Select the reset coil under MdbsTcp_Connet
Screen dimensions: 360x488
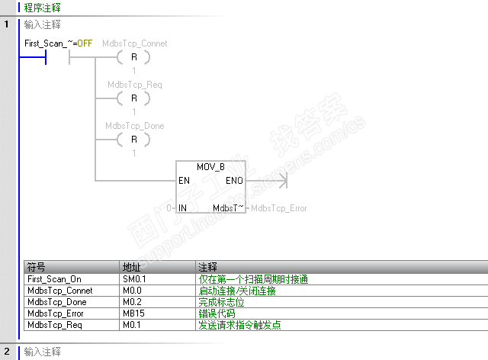(x=134, y=57)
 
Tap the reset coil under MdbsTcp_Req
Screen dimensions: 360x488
(x=134, y=98)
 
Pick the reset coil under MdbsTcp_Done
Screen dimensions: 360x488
(x=134, y=140)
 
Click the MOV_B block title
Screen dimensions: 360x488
(x=210, y=166)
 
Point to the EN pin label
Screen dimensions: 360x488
(x=184, y=181)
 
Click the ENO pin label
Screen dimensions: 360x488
(x=235, y=181)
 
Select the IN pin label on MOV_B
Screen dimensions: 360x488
(x=183, y=207)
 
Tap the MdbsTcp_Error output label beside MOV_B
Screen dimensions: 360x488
(x=279, y=207)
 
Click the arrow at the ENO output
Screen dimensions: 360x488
(x=281, y=181)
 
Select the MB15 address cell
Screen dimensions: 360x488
(x=132, y=313)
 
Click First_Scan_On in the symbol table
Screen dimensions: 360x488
(x=54, y=279)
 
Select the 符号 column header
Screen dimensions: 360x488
(x=37, y=267)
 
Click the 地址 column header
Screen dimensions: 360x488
(x=132, y=267)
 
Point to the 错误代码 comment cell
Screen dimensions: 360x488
(x=217, y=313)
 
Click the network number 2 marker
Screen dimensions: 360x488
(x=6, y=352)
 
